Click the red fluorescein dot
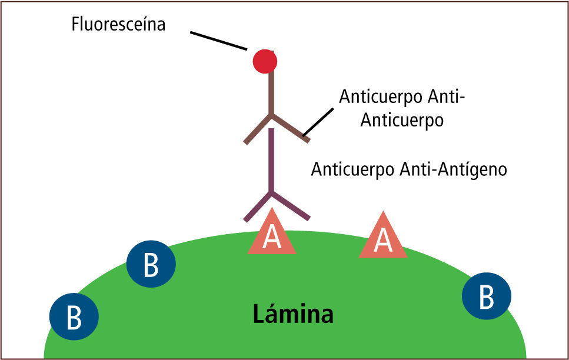coord(265,60)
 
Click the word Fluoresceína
coord(118,25)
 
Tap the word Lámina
coord(293,314)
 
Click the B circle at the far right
coord(487,296)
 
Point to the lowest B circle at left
coord(74,317)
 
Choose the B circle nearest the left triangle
coord(151,264)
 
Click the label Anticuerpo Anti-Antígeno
coord(409,169)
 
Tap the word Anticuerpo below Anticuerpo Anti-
coord(401,119)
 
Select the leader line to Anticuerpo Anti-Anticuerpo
coord(318,121)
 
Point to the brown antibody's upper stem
coord(271,92)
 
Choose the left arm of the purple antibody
coord(258,207)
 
